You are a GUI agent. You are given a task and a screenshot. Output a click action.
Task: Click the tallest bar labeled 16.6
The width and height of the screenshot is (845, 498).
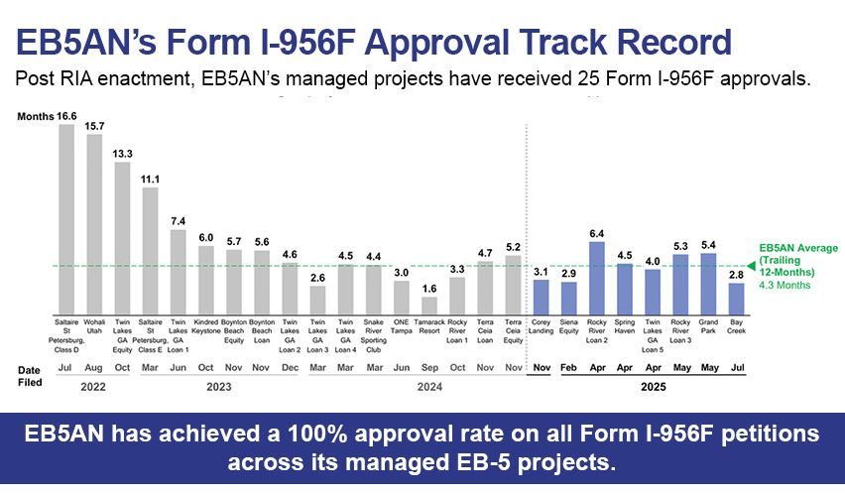(x=66, y=218)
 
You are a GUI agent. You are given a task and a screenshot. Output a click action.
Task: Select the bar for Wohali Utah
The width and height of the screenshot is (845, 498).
(x=94, y=223)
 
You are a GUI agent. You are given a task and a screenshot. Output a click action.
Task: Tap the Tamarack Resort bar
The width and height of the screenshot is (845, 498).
(x=428, y=305)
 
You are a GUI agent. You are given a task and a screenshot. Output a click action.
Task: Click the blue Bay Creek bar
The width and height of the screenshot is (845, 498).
(x=736, y=299)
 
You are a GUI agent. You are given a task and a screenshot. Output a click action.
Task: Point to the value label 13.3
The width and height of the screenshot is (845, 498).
(x=122, y=154)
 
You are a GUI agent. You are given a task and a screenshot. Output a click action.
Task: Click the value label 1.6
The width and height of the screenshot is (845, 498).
(x=428, y=289)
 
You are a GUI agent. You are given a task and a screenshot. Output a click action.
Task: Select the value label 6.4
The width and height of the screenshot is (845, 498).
(x=596, y=233)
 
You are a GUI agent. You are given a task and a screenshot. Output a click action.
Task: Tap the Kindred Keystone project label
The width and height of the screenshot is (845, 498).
(x=205, y=327)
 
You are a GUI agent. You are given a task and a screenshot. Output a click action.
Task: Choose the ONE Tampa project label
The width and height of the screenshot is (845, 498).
(x=401, y=327)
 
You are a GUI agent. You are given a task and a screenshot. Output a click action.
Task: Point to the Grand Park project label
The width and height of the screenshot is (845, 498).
(x=708, y=327)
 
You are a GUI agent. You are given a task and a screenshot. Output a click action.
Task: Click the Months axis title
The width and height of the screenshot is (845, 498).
(x=35, y=117)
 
